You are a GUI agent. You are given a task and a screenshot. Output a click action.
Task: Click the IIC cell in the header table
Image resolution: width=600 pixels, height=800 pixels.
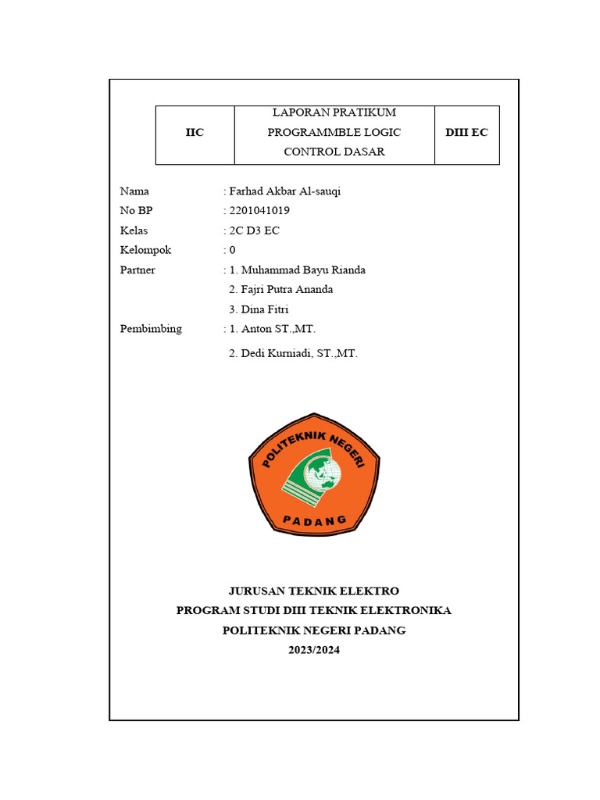(x=195, y=133)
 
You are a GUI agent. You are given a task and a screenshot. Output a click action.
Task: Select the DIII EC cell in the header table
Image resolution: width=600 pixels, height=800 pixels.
(x=466, y=133)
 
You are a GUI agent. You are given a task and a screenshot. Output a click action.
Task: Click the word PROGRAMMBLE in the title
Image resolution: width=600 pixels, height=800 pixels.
(x=307, y=133)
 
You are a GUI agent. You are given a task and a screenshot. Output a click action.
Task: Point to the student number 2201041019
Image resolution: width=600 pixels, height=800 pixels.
(x=261, y=211)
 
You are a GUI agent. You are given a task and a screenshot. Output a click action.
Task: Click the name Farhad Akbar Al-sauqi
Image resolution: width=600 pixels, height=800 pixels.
(x=284, y=191)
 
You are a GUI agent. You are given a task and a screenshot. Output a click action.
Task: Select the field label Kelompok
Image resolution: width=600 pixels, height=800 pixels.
(x=145, y=250)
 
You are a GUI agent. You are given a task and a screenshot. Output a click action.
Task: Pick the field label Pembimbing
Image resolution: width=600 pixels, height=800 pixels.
(x=151, y=329)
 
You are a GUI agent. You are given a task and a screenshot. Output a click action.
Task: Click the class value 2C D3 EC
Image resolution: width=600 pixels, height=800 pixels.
(x=254, y=230)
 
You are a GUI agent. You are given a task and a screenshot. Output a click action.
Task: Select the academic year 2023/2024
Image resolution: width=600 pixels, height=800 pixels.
(x=314, y=650)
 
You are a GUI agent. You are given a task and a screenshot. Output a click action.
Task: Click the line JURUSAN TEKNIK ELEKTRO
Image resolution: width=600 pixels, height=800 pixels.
(x=314, y=591)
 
